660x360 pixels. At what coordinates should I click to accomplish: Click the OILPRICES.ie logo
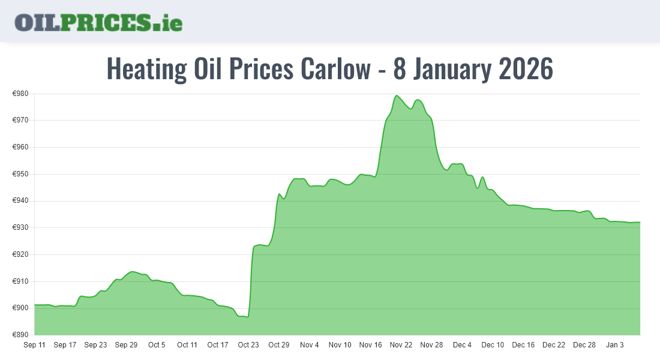click(98, 22)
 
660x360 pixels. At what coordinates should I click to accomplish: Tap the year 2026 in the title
click(526, 69)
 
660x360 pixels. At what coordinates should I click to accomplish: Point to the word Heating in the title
click(146, 69)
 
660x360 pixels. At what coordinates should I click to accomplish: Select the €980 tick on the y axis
click(21, 94)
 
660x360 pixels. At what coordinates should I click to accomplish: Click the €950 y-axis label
click(21, 174)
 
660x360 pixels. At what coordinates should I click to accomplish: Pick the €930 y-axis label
click(21, 227)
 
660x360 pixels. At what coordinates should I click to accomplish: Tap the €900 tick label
click(21, 308)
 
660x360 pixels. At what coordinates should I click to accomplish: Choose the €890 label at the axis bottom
click(21, 335)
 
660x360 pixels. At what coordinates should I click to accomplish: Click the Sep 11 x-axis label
click(34, 345)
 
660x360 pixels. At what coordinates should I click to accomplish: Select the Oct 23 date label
click(248, 345)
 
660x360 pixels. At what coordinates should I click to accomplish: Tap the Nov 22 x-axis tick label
click(401, 345)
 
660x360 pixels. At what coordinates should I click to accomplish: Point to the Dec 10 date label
click(493, 345)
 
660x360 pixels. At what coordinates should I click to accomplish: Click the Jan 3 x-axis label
click(615, 345)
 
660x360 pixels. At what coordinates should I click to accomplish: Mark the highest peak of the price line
click(397, 95)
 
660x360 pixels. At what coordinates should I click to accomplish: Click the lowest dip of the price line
click(247, 317)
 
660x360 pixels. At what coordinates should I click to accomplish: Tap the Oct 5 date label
click(157, 345)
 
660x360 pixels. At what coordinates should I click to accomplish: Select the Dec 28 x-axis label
click(584, 345)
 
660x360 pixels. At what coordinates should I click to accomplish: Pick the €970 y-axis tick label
click(21, 120)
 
